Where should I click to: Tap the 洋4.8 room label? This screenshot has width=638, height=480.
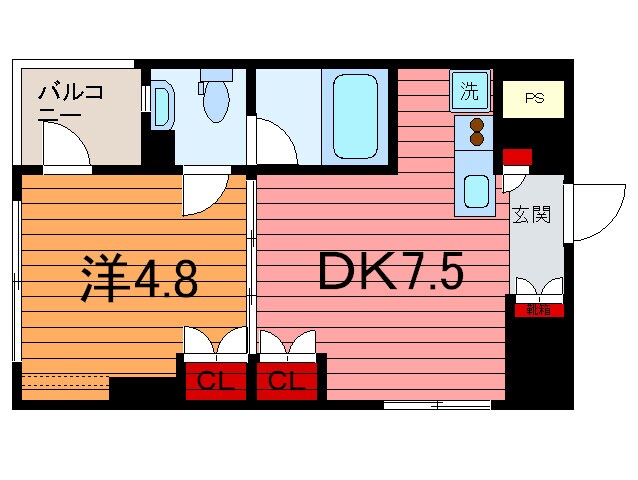tap(137, 280)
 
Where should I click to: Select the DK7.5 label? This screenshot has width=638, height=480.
tap(390, 271)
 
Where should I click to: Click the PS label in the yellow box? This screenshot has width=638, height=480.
tap(534, 99)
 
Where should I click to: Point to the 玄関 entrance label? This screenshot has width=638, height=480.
tap(533, 216)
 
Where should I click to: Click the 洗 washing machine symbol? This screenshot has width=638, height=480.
tap(469, 91)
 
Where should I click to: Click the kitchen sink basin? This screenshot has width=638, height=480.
tap(475, 190)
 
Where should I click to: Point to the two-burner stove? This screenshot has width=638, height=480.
tap(475, 131)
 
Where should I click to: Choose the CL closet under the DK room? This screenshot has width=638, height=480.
tap(288, 380)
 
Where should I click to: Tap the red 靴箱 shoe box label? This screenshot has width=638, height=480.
tap(538, 310)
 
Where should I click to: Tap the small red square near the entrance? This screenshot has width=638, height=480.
tap(517, 156)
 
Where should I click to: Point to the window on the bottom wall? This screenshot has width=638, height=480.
tap(437, 405)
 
